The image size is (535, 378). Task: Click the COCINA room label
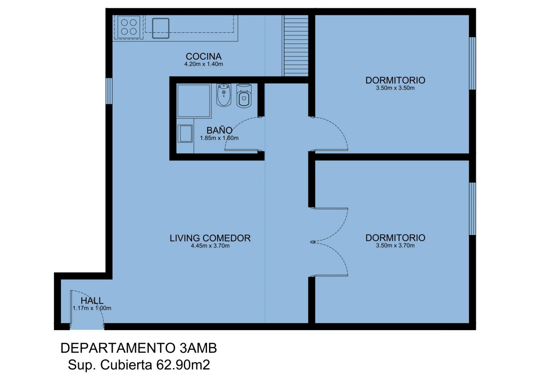pyautogui.click(x=204, y=56)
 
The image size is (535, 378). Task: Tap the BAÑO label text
pyautogui.click(x=219, y=131)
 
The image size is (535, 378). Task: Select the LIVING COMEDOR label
pyautogui.click(x=210, y=238)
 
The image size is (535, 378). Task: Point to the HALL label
pyautogui.click(x=92, y=300)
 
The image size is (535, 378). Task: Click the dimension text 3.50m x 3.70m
pyautogui.click(x=395, y=245)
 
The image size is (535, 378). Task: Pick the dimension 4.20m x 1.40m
pyautogui.click(x=204, y=64)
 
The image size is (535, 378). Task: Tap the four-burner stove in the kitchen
pyautogui.click(x=129, y=27)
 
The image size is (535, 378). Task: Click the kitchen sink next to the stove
pyautogui.click(x=161, y=28)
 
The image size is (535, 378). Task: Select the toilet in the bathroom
pyautogui.click(x=244, y=95)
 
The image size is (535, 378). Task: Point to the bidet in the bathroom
pyautogui.click(x=224, y=95)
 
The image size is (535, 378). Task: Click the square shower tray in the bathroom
pyautogui.click(x=194, y=101)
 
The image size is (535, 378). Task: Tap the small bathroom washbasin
pyautogui.click(x=185, y=134)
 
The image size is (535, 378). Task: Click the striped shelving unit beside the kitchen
pyautogui.click(x=295, y=46)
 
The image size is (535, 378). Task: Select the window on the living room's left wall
pyautogui.click(x=109, y=91)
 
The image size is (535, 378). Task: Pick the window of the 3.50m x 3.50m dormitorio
pyautogui.click(x=473, y=63)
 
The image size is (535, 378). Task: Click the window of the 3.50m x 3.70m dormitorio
pyautogui.click(x=473, y=209)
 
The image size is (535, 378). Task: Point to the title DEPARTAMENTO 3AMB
pyautogui.click(x=139, y=348)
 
